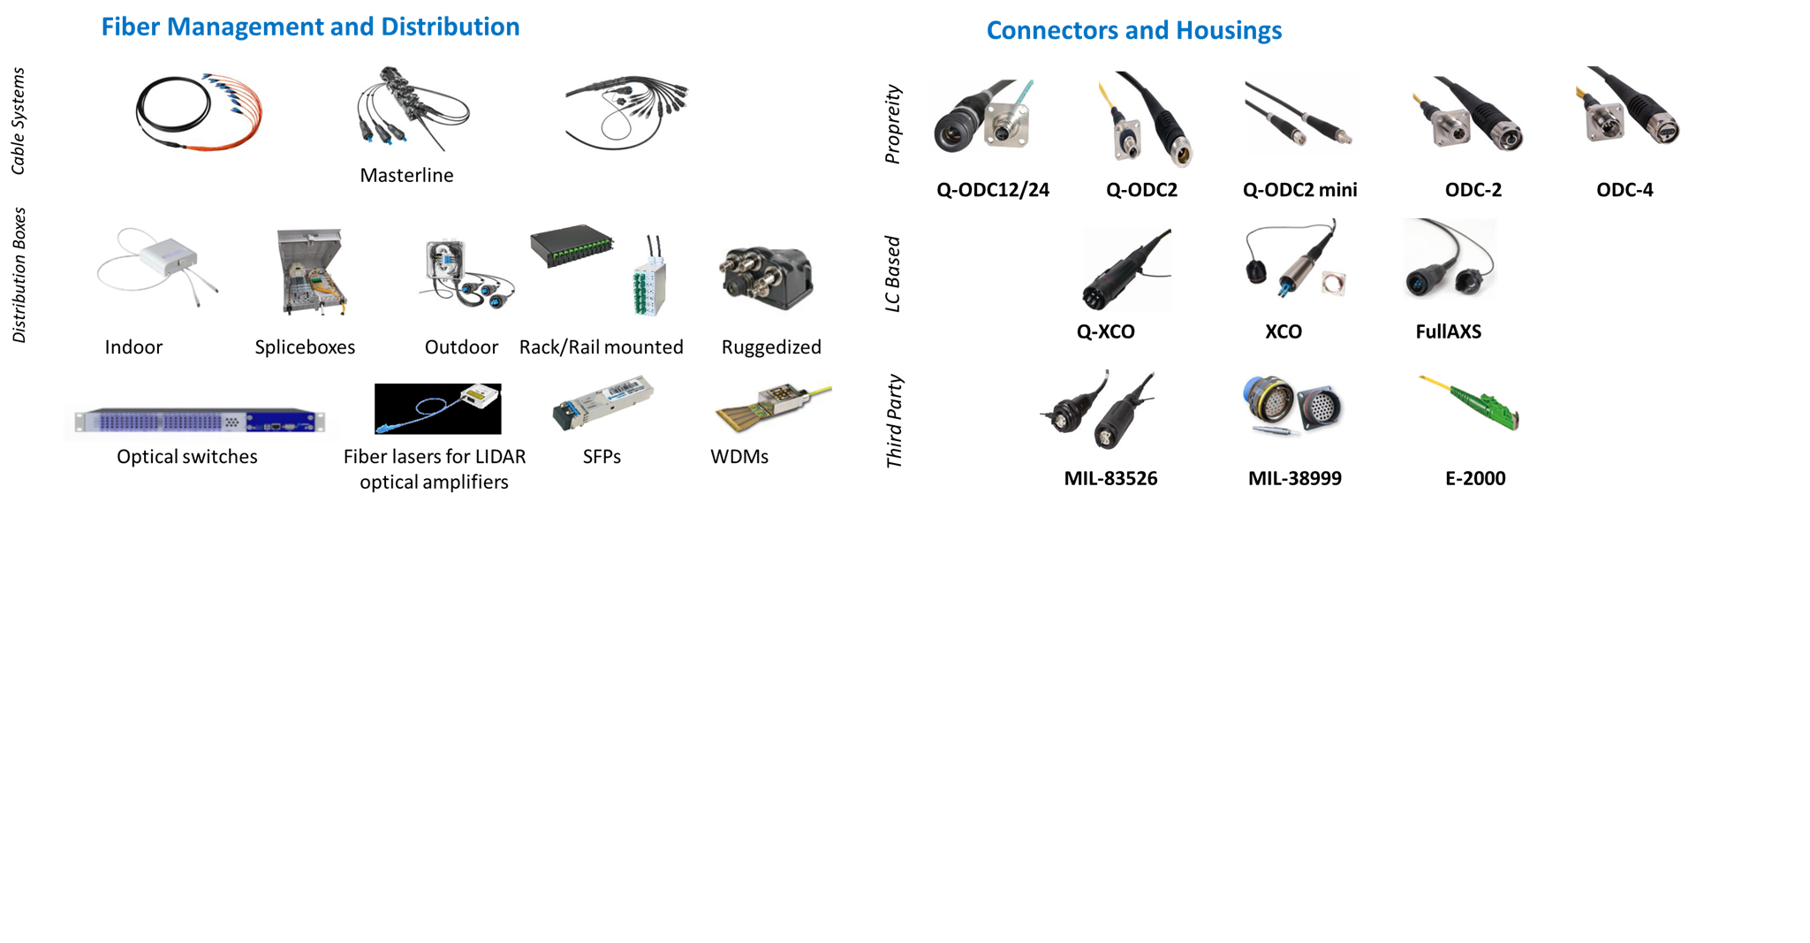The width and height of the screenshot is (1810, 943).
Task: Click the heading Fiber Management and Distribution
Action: click(310, 27)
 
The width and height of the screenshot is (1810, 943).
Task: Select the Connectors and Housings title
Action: click(1133, 31)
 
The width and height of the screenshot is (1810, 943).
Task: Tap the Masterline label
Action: click(406, 175)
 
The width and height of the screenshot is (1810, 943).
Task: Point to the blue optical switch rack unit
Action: click(200, 422)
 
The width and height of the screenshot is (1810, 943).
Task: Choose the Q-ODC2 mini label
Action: click(1299, 190)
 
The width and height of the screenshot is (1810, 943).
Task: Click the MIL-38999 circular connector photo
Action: click(1293, 407)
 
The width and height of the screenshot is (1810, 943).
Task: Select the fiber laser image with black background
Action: click(437, 408)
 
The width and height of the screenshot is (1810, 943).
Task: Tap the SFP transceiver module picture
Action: click(602, 403)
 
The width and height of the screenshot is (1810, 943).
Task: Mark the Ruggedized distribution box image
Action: click(766, 278)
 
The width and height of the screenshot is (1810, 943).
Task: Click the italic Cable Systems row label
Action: click(18, 121)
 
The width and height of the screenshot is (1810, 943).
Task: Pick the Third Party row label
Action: click(894, 421)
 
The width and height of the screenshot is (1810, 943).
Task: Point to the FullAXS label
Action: click(1448, 332)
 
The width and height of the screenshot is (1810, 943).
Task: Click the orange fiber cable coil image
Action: click(200, 111)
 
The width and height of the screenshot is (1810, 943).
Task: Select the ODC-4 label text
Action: click(1624, 190)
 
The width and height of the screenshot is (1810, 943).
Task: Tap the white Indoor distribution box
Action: click(159, 263)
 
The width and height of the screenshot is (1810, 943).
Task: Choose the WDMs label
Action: click(739, 457)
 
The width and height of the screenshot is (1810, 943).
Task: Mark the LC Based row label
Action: click(893, 274)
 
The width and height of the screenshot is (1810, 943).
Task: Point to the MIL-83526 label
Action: click(1110, 479)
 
